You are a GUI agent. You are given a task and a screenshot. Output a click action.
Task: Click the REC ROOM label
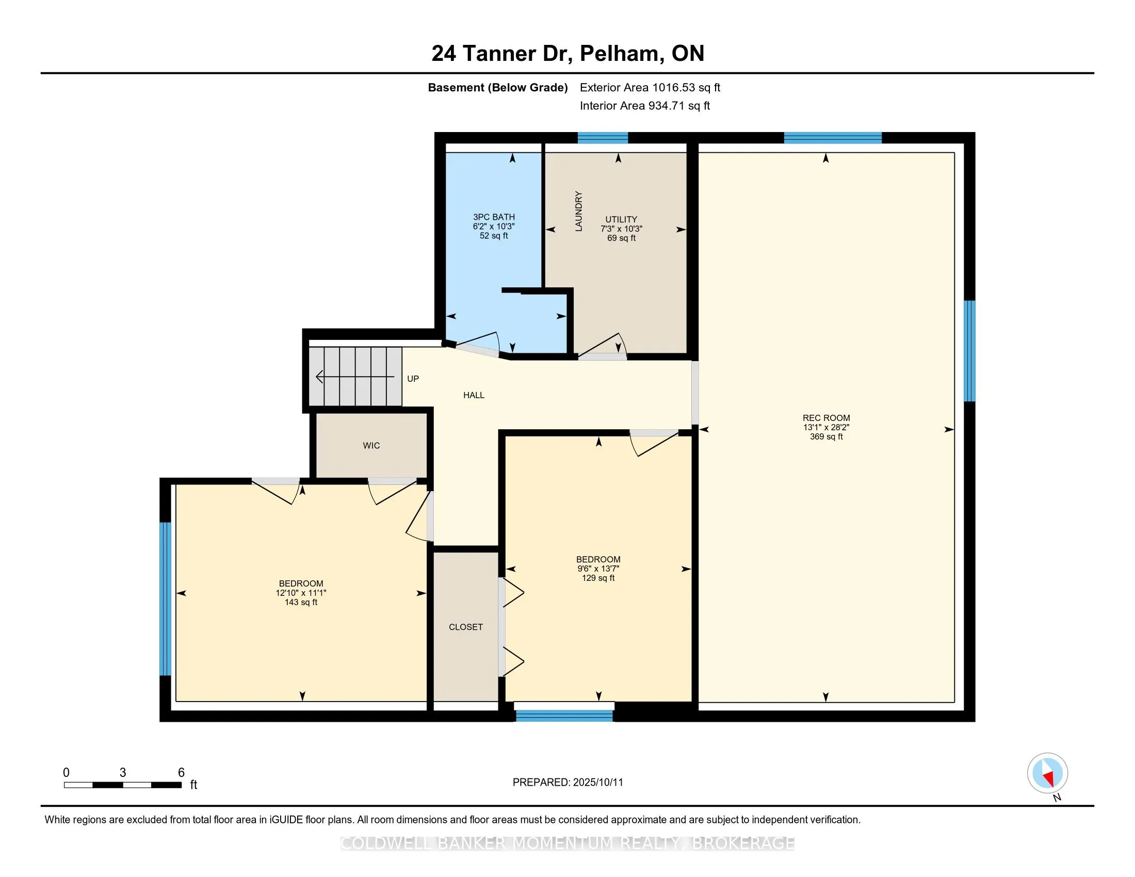pyautogui.click(x=826, y=418)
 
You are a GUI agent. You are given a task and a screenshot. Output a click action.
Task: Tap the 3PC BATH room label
pyautogui.click(x=494, y=217)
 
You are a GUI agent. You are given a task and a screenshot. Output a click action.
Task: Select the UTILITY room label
pyautogui.click(x=621, y=219)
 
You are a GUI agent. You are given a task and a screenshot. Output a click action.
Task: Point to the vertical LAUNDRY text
pyautogui.click(x=578, y=211)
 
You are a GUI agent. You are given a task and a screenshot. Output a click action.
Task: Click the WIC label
pyautogui.click(x=371, y=446)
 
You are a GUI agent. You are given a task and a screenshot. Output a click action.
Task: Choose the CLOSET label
pyautogui.click(x=466, y=627)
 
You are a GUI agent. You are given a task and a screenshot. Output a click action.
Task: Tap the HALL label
pyautogui.click(x=474, y=395)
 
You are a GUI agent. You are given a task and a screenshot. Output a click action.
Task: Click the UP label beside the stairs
pyautogui.click(x=413, y=379)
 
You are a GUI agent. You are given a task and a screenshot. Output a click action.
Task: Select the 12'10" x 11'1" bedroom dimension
pyautogui.click(x=301, y=593)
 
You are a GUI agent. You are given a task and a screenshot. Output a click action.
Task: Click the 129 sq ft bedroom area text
pyautogui.click(x=598, y=578)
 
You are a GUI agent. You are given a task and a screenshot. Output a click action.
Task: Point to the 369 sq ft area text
pyautogui.click(x=826, y=436)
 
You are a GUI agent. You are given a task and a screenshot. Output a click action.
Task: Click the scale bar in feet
pyautogui.click(x=123, y=785)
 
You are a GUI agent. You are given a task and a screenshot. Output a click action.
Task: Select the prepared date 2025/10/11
pyautogui.click(x=597, y=783)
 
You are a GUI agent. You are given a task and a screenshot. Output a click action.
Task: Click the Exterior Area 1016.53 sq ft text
pyautogui.click(x=650, y=88)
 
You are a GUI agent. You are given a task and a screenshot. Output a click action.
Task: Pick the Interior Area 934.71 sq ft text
pyautogui.click(x=645, y=106)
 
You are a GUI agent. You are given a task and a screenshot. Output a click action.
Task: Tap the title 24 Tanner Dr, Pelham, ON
pyautogui.click(x=568, y=54)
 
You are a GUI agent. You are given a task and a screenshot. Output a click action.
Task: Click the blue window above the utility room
pyautogui.click(x=603, y=138)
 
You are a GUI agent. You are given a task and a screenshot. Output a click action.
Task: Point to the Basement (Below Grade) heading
pyautogui.click(x=498, y=88)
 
